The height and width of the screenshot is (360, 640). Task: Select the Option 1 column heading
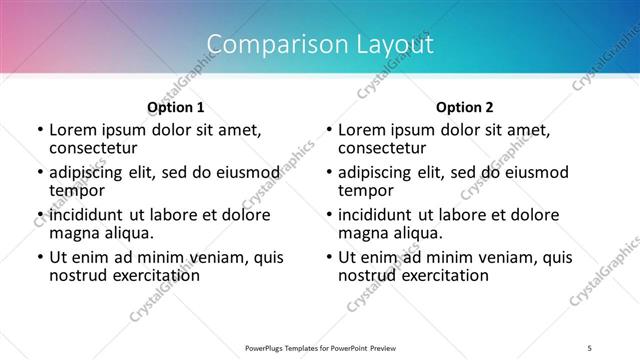pyautogui.click(x=176, y=107)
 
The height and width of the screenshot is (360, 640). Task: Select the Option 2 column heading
pyautogui.click(x=464, y=107)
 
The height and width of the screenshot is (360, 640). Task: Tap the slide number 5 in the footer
pyautogui.click(x=591, y=347)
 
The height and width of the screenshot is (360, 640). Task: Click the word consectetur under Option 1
pyautogui.click(x=92, y=149)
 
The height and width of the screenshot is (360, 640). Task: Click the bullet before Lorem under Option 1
pyautogui.click(x=39, y=131)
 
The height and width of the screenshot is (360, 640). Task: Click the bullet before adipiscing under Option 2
pyautogui.click(x=328, y=173)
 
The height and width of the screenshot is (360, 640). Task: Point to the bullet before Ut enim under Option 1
pyautogui.click(x=39, y=257)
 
